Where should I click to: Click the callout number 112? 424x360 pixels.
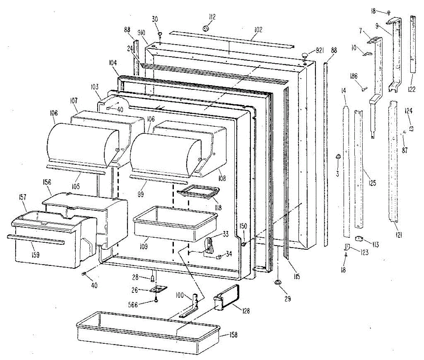coord(212,17)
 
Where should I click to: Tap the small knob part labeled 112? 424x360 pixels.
coord(206,28)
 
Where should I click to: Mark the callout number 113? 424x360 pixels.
coord(375,244)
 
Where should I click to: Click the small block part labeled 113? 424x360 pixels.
coord(360,239)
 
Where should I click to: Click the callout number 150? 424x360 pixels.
coord(244,226)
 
